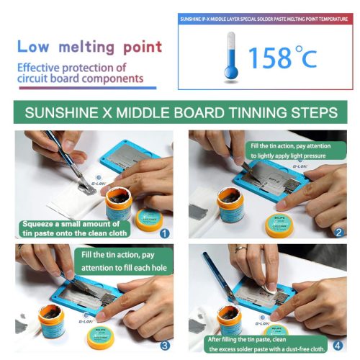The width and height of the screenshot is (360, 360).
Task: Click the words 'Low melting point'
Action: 90,48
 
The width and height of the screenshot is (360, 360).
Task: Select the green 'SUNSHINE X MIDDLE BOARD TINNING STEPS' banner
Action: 180,113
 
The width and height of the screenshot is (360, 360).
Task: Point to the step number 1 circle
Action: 163,233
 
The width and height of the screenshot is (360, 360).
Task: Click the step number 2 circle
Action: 338,233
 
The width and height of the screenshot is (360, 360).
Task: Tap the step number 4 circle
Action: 338,345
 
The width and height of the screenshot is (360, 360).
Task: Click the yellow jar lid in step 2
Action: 277,225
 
